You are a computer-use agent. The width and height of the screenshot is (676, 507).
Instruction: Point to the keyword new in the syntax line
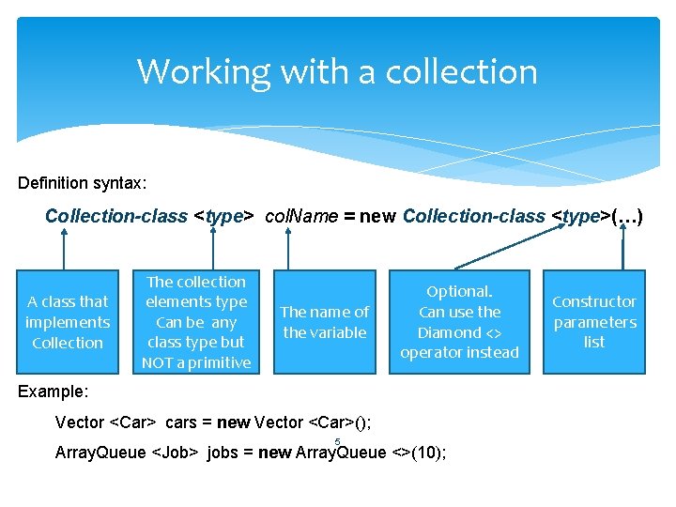coord(377,216)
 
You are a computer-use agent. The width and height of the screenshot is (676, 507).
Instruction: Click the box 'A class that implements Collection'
coord(68,322)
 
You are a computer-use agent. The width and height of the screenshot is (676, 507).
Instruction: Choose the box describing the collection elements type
coord(196,322)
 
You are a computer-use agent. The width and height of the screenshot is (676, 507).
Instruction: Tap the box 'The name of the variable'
coord(325,322)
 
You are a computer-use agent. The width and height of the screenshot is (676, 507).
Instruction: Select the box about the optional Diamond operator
coord(459,322)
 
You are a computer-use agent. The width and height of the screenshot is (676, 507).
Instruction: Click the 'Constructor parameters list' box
coord(593,322)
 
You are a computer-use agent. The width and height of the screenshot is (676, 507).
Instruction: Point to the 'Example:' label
coord(54,390)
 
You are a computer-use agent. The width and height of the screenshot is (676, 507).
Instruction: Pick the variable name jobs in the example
coord(223,453)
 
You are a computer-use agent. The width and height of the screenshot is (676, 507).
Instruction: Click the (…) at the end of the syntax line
coord(626,216)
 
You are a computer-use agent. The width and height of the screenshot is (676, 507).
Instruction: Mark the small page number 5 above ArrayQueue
coord(337,441)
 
